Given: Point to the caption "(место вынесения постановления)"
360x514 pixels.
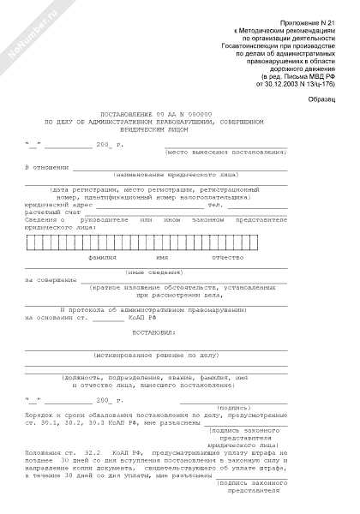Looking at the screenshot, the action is [x=239, y=151].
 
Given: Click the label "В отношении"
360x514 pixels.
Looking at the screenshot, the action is [x=45, y=166].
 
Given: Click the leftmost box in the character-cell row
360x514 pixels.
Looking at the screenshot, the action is [x=31, y=242].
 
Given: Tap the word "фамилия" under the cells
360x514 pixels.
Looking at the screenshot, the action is [x=101, y=256].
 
